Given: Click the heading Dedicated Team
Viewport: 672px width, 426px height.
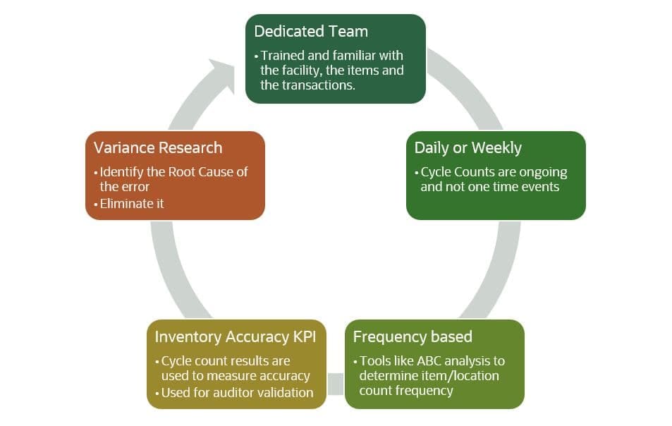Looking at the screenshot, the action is [x=311, y=31].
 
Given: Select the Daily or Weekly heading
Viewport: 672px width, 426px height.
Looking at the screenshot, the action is [x=468, y=148].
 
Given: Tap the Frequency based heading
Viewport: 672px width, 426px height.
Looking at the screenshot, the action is [x=413, y=337].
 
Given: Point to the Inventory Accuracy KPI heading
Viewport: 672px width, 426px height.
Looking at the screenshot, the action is [x=236, y=337].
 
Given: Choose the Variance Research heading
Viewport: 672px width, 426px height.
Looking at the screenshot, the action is [x=158, y=148].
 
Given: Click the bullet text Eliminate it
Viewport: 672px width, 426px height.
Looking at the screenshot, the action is [x=132, y=204].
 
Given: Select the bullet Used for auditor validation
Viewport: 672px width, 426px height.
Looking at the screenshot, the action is [x=237, y=393].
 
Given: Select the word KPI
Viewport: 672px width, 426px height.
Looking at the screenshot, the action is [x=305, y=337].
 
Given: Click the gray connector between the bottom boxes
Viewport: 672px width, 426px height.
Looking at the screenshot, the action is [x=336, y=384].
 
